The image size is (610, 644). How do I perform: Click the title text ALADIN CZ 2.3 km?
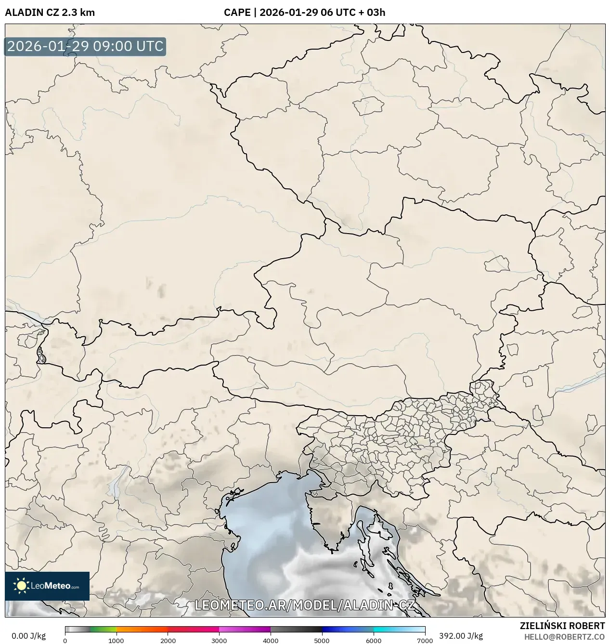(50, 13)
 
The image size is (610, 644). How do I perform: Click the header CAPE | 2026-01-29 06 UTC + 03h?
(304, 13)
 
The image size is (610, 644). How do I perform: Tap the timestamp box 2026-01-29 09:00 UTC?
(85, 46)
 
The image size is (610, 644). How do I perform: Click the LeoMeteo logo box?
(47, 586)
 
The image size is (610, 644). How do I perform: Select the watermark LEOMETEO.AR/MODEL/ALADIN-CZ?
(304, 605)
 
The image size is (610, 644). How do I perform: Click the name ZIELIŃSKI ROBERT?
(562, 626)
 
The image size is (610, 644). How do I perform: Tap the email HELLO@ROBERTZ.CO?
(564, 637)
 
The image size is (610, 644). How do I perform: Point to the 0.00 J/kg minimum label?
(28, 636)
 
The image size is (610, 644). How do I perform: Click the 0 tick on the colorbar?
(65, 640)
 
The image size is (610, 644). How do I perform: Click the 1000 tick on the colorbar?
(116, 640)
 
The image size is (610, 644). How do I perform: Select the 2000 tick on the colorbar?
(168, 640)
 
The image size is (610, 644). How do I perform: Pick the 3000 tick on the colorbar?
(219, 640)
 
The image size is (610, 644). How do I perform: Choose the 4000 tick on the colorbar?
(271, 640)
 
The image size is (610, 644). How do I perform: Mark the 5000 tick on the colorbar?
(322, 640)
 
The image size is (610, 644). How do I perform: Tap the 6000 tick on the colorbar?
(374, 640)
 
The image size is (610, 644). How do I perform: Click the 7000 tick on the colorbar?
(425, 640)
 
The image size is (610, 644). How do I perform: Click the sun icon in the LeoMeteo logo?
(22, 586)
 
